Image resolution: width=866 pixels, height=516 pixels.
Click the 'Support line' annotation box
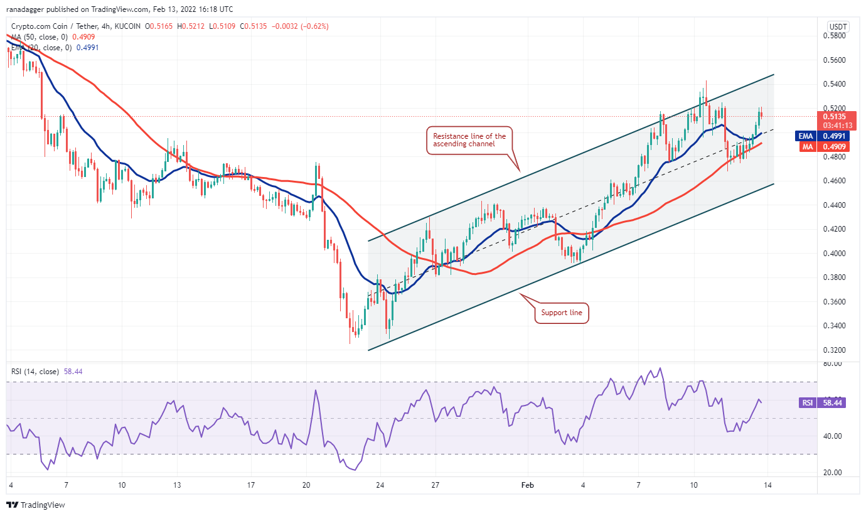pos(562,313)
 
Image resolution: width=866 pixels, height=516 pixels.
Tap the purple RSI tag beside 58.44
pos(807,403)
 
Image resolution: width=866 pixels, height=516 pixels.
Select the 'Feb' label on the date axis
pos(528,485)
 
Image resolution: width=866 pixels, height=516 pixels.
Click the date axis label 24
pos(380,485)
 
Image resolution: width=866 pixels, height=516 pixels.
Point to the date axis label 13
pos(178,485)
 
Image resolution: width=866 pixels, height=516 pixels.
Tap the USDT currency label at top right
pos(838,26)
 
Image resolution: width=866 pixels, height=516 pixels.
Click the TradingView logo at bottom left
pos(36,505)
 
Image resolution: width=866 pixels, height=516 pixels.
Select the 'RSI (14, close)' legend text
pos(35,372)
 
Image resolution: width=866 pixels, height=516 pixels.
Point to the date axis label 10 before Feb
pos(122,485)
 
